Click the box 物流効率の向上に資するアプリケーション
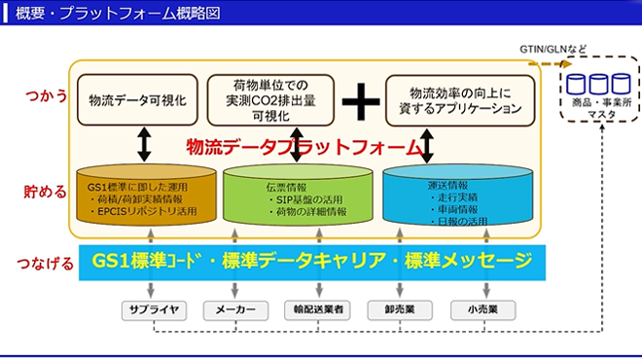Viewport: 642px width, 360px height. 460,100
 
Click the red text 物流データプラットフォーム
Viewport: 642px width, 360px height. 306,148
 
